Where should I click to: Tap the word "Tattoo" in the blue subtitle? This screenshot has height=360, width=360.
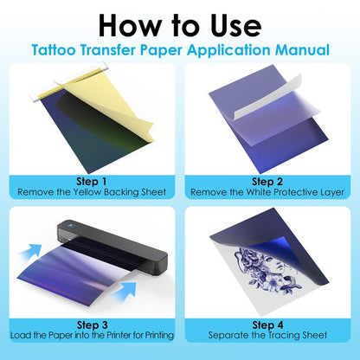(54, 49)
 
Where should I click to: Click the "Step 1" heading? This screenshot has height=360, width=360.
(92, 182)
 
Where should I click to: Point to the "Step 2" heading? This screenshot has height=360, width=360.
(267, 182)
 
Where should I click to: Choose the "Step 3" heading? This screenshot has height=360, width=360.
(92, 325)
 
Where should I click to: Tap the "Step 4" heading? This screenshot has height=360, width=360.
(267, 325)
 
